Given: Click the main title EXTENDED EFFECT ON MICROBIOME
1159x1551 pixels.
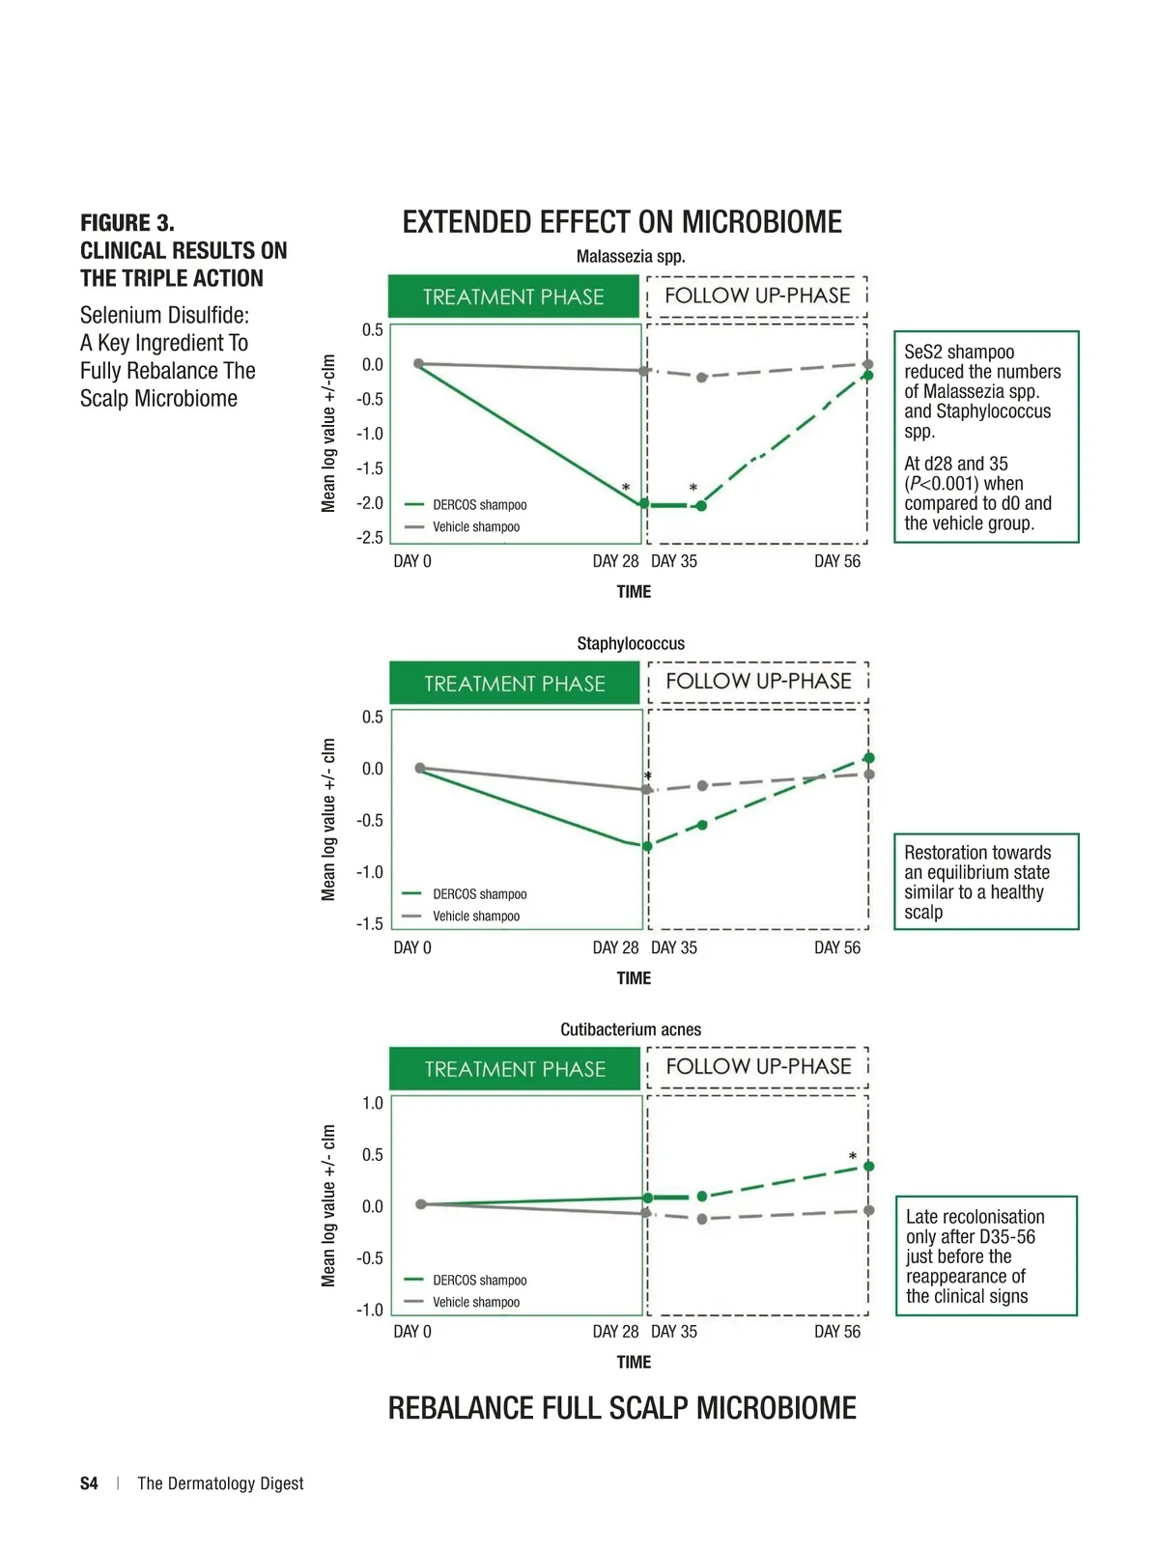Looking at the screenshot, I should tap(622, 222).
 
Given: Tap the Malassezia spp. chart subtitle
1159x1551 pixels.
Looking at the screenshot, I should tap(631, 257).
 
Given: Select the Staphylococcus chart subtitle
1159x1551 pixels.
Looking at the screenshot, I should tap(631, 643).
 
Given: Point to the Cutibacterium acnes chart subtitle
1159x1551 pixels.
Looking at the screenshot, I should tap(631, 1029).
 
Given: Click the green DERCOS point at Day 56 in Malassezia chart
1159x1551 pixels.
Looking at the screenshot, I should tap(868, 375).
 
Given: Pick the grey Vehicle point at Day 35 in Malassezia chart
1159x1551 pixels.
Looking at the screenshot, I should tap(702, 378).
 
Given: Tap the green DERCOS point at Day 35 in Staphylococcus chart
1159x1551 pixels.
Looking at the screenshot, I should tap(702, 825).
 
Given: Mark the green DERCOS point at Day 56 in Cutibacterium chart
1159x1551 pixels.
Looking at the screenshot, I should tap(869, 1167).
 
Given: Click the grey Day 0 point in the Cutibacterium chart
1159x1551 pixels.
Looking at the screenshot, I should tap(421, 1204).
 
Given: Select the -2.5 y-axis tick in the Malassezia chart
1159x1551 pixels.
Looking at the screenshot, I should tap(370, 538).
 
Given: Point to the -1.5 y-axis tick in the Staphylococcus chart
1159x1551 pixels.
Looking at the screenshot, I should tap(370, 924).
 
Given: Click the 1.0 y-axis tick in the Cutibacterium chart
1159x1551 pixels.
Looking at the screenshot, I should tap(373, 1103).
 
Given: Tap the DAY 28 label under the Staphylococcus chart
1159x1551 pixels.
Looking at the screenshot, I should tap(615, 947).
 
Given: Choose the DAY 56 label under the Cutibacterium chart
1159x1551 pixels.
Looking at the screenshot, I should tap(836, 1332).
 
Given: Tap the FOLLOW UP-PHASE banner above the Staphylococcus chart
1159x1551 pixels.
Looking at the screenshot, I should tap(758, 681).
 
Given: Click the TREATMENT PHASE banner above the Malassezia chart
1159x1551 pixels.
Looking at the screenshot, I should tap(513, 296).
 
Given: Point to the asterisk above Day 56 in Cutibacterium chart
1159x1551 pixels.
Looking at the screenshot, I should tap(853, 1156).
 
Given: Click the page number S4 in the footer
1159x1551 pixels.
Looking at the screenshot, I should tap(89, 1483).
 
